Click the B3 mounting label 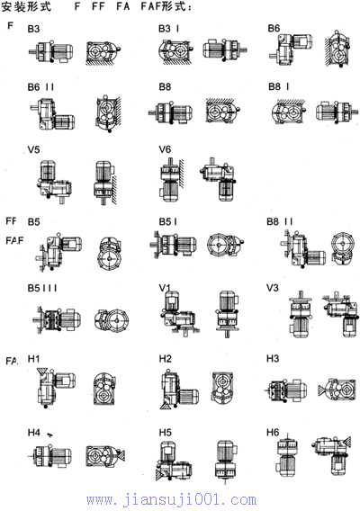[33, 29]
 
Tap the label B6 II [40, 87]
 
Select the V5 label [33, 149]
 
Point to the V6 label [165, 149]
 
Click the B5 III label [42, 289]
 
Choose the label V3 [273, 288]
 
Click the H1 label [33, 359]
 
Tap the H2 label [165, 359]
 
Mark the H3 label [273, 358]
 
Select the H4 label [33, 433]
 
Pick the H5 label [165, 433]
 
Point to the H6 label [273, 432]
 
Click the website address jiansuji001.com [172, 500]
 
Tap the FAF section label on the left [14, 240]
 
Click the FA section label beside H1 [12, 361]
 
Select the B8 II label [280, 221]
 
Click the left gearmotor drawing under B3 [51, 51]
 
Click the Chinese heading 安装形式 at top [26, 6]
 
